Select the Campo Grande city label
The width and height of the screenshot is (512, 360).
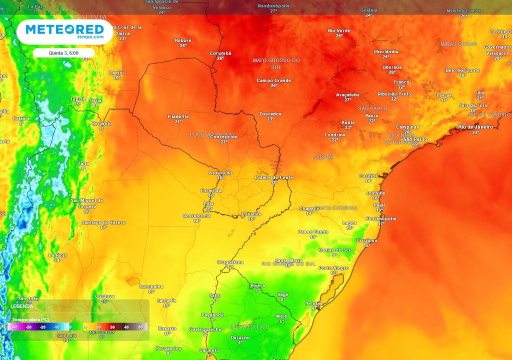pyautogui.click(x=274, y=80)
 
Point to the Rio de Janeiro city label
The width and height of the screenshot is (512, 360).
pyautogui.click(x=475, y=127)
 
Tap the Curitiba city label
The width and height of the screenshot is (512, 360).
pyautogui.click(x=368, y=175)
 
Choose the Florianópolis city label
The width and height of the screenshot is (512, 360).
pyautogui.click(x=381, y=218)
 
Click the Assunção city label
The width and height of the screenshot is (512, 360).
pyautogui.click(x=220, y=172)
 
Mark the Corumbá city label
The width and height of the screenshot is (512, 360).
pyautogui.click(x=220, y=53)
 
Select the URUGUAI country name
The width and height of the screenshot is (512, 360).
pyautogui.click(x=248, y=326)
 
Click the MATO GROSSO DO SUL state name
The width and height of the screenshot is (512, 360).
pyautogui.click(x=276, y=63)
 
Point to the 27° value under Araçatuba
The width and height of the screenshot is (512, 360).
pyautogui.click(x=347, y=99)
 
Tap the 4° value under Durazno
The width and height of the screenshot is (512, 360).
pyautogui.click(x=240, y=342)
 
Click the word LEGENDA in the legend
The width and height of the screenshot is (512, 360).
pyautogui.click(x=21, y=305)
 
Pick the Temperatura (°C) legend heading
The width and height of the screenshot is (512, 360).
pyautogui.click(x=30, y=319)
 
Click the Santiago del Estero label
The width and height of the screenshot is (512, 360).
pyautogui.click(x=103, y=222)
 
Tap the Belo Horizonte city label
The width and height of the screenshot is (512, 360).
pyautogui.click(x=462, y=70)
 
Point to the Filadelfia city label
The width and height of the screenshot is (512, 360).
pyautogui.click(x=178, y=116)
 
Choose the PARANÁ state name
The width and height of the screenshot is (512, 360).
pyautogui.click(x=323, y=157)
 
